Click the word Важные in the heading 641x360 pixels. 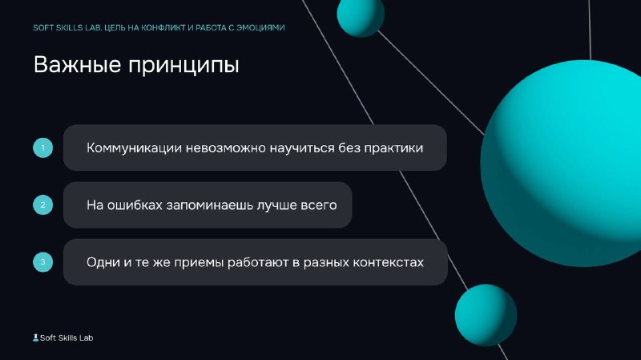point(77,65)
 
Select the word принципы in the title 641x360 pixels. point(183,67)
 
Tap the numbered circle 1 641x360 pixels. point(43,148)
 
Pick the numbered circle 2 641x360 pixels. point(43,205)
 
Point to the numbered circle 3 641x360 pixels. point(43,262)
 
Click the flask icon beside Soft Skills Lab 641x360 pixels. point(35,338)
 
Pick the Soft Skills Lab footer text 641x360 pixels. point(67,338)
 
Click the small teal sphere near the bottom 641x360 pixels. point(486,315)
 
